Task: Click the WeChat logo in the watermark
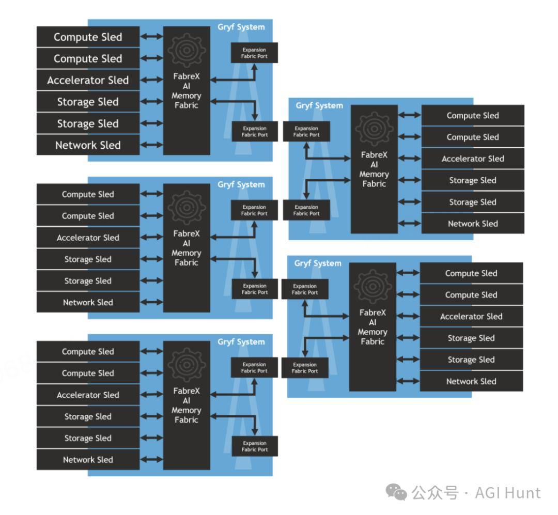point(396,492)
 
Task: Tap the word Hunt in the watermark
point(523,493)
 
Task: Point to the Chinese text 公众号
point(435,493)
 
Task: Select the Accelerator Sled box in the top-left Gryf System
point(88,80)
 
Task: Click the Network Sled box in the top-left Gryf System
point(88,145)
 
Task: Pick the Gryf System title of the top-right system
point(319,106)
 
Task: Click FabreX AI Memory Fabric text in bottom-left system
point(187,405)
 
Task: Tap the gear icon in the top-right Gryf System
point(374,129)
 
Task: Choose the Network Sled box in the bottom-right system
point(471,381)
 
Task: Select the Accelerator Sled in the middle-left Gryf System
point(88,238)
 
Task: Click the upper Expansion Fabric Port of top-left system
point(254,53)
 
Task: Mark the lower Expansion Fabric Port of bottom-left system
point(254,446)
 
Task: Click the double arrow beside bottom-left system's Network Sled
point(151,460)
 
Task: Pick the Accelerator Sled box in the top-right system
point(473,159)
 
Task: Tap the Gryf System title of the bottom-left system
point(241,342)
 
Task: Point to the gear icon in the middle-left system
point(187,208)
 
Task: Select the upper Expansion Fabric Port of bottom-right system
point(305,289)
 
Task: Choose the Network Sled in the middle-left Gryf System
point(88,302)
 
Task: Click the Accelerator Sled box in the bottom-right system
point(471,317)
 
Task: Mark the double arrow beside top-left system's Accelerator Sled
point(151,80)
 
